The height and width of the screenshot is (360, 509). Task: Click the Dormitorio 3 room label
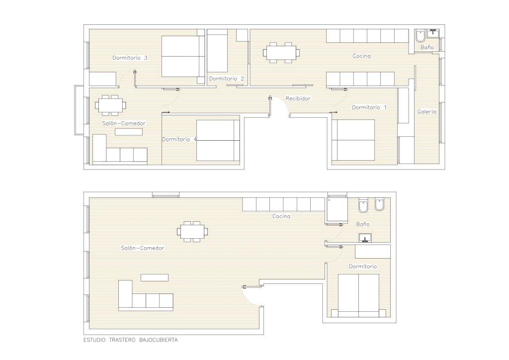pyautogui.click(x=130, y=58)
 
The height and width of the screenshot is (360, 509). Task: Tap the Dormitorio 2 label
pyautogui.click(x=226, y=79)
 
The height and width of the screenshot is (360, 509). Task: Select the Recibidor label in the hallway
pyautogui.click(x=298, y=98)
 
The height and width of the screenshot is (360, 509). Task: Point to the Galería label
pyautogui.click(x=426, y=112)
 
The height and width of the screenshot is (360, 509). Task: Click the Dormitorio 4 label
pyautogui.click(x=179, y=139)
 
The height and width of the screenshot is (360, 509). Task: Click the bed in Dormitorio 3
pyautogui.click(x=183, y=57)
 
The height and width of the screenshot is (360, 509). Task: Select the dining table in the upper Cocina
pyautogui.click(x=281, y=52)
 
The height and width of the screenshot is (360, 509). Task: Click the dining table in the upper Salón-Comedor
pyautogui.click(x=110, y=105)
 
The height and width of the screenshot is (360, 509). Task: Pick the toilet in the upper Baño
pyautogui.click(x=421, y=36)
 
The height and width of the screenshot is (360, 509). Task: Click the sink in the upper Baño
pyautogui.click(x=433, y=33)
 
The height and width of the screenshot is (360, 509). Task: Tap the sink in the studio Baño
pyautogui.click(x=365, y=238)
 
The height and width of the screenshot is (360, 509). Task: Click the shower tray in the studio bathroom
pyautogui.click(x=338, y=210)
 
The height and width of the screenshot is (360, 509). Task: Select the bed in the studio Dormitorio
pyautogui.click(x=359, y=296)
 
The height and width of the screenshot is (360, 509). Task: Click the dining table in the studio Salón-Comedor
pyautogui.click(x=192, y=231)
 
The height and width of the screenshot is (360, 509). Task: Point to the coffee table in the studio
pyautogui.click(x=155, y=277)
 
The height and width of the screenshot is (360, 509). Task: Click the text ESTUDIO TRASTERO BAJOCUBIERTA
pyautogui.click(x=131, y=340)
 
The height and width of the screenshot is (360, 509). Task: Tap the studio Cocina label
pyautogui.click(x=281, y=216)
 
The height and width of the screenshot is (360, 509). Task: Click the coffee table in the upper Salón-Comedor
pyautogui.click(x=129, y=132)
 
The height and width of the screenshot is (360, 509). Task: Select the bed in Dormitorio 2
pyautogui.click(x=218, y=51)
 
